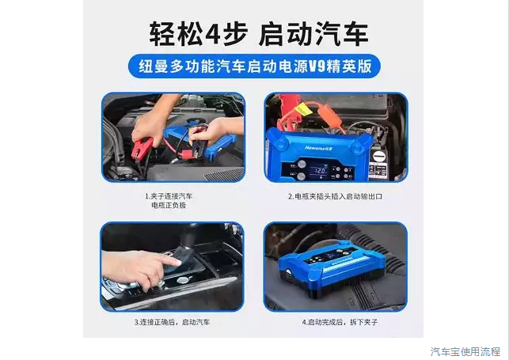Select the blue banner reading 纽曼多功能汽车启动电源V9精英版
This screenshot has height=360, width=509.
(254, 66)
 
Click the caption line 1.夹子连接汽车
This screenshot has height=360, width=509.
(170, 195)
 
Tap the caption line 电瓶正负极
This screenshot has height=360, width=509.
(170, 205)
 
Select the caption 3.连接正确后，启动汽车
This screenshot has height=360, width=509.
(172, 322)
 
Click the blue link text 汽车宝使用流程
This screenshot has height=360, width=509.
(465, 351)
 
